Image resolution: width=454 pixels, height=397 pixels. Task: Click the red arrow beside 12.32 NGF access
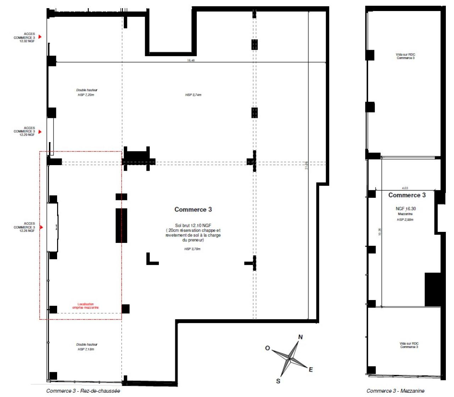[x=40, y=37]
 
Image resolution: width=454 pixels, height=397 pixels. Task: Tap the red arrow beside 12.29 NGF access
[x=40, y=132]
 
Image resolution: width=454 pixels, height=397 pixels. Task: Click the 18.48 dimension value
[x=191, y=60]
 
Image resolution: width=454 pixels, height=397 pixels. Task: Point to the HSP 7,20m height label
[x=86, y=95]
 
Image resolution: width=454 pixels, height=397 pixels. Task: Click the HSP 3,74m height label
[x=193, y=95]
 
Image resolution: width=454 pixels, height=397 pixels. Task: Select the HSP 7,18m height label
[x=86, y=349]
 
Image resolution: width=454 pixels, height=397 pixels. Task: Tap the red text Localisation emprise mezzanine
[x=85, y=306]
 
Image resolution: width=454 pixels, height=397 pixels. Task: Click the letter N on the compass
[x=300, y=337]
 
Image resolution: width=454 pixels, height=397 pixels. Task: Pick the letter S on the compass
[x=278, y=381]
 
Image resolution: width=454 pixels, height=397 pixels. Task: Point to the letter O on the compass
[x=268, y=348]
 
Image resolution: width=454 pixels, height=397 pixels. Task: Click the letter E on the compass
[x=311, y=370]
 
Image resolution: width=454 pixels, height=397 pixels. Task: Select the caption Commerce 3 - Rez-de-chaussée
[x=83, y=391]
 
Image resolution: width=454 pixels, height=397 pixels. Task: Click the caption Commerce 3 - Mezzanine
[x=395, y=391]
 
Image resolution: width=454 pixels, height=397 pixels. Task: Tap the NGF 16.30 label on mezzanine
[x=405, y=209]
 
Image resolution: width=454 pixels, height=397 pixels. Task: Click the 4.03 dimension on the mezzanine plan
[x=405, y=188]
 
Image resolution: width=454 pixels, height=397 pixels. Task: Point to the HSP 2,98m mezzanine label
[x=405, y=220]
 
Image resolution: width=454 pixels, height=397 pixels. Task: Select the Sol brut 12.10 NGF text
[x=193, y=225]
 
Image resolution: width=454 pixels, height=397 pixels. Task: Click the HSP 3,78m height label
[x=192, y=249]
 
